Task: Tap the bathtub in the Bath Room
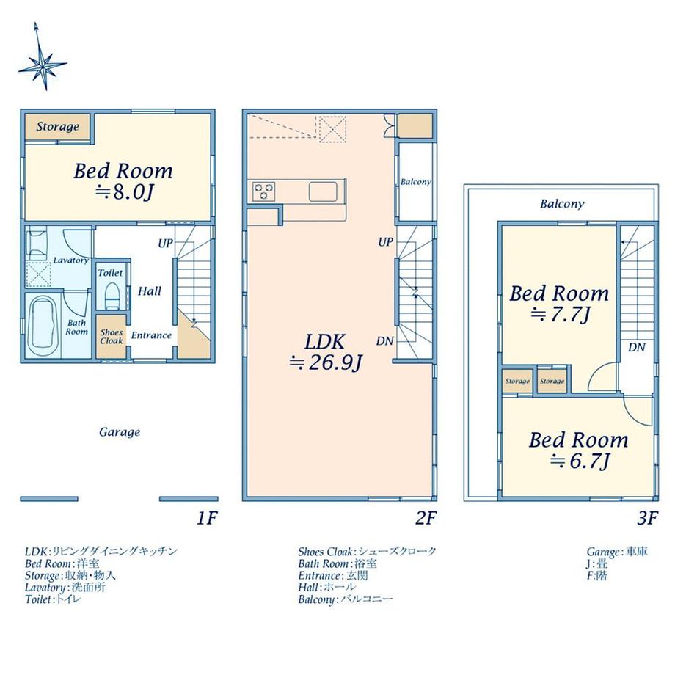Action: click(43, 326)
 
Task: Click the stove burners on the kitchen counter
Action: click(264, 191)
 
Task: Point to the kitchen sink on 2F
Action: click(323, 191)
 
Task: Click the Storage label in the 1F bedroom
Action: click(58, 126)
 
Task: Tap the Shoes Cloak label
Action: click(112, 336)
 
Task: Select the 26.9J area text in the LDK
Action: click(326, 362)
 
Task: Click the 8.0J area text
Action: click(124, 192)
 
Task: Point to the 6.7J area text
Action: click(580, 461)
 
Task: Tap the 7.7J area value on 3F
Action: click(561, 315)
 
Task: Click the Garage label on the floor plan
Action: click(120, 431)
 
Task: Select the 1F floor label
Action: click(207, 518)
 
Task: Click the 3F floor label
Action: click(647, 518)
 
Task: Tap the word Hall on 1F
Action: click(150, 291)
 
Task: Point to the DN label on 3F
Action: click(636, 347)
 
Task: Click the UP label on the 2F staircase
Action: click(385, 242)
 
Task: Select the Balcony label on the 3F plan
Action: click(562, 204)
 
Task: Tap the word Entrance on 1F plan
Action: click(151, 335)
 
